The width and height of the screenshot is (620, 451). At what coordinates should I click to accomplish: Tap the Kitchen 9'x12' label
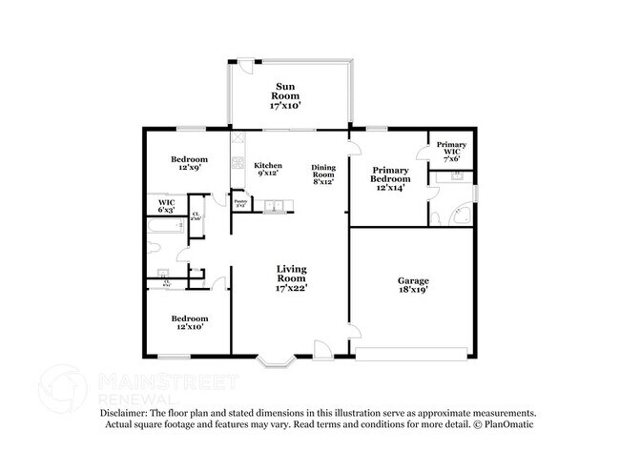267,169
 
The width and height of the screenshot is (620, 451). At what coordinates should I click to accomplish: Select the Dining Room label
323,174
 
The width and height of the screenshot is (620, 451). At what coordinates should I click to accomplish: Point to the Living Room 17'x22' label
290,276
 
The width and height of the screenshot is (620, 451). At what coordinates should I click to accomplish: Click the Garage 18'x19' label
413,285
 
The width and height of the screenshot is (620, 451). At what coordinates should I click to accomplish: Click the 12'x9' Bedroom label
189,163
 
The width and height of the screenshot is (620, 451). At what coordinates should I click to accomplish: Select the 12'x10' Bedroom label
189,321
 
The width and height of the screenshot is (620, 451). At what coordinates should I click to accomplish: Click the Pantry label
241,203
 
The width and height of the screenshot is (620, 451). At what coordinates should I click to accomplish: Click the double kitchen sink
274,205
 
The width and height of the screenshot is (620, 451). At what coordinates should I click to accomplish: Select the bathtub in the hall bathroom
162,228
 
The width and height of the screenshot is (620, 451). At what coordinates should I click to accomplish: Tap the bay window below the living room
276,361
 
